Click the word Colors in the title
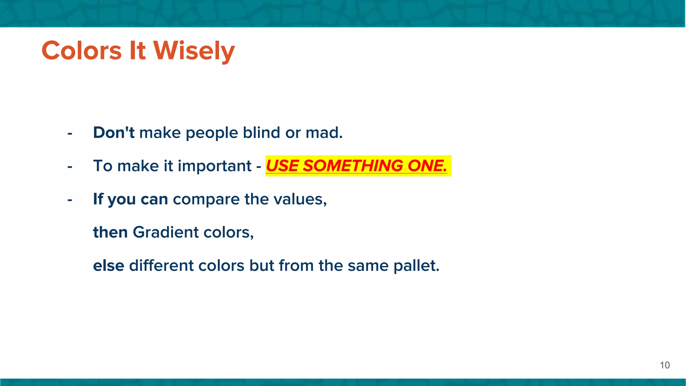[x=81, y=51]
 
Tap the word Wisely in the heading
[x=194, y=51]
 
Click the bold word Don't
[x=114, y=133]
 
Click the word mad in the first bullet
[x=324, y=133]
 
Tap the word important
[x=214, y=166]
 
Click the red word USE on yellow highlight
[x=282, y=166]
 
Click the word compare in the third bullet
[x=206, y=199]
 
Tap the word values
[x=300, y=199]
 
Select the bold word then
[x=110, y=232]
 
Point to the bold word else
[x=109, y=266]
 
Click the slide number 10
[x=665, y=365]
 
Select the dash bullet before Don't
[x=70, y=134]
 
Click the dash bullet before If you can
[x=70, y=200]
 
